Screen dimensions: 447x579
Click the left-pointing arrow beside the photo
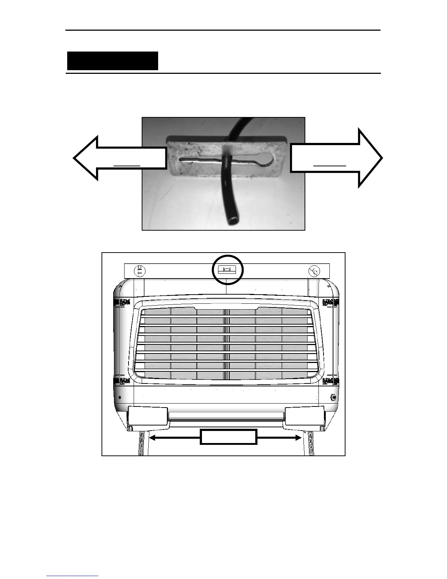click(x=110, y=158)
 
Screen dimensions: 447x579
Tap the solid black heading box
click(x=112, y=61)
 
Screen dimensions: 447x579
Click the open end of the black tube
click(x=233, y=220)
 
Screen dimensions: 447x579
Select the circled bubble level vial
click(x=227, y=270)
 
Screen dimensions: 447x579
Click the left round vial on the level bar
click(x=140, y=271)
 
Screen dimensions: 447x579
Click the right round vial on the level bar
click(x=314, y=271)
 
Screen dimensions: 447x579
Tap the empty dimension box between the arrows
click(x=229, y=437)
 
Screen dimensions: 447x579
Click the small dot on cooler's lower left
click(x=121, y=398)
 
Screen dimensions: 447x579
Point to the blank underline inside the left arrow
click(x=127, y=166)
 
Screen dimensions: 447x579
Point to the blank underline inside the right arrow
click(x=330, y=166)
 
